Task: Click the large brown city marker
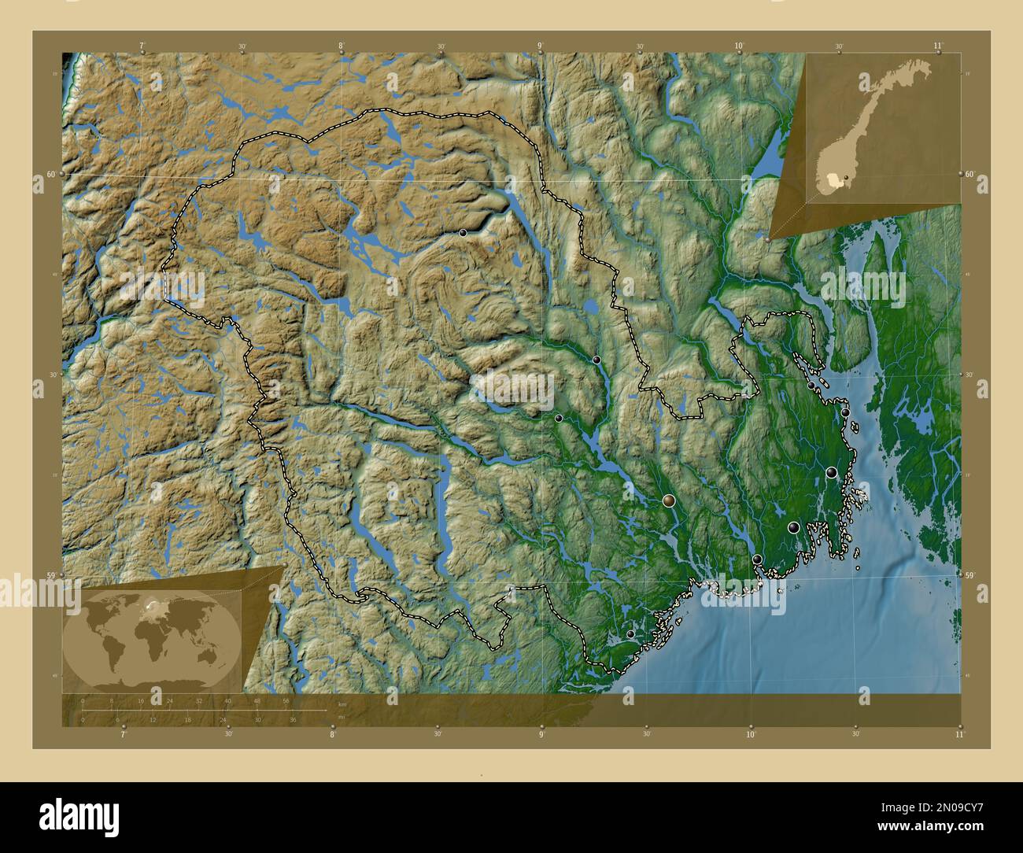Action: pos(669,500)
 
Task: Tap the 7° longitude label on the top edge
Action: pos(142,46)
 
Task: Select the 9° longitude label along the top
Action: pos(540,46)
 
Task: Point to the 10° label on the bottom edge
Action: pos(750,734)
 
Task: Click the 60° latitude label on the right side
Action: pos(970,173)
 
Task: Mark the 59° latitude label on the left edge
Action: pos(51,575)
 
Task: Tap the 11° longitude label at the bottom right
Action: pos(958,734)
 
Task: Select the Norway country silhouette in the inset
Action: pos(866,126)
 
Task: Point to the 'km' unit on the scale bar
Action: pos(342,703)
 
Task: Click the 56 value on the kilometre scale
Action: pos(286,700)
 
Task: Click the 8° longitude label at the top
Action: pos(341,46)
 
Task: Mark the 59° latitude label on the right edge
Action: pos(970,575)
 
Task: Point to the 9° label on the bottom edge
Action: pos(541,734)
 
